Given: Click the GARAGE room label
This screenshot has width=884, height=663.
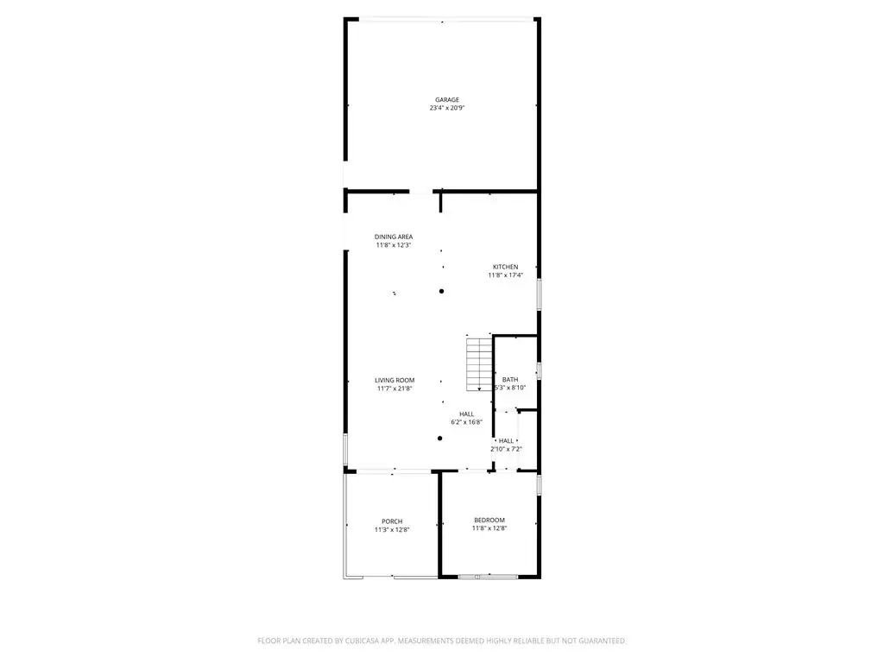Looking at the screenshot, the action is tap(447, 100).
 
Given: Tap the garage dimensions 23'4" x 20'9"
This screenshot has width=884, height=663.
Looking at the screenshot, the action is tap(447, 108).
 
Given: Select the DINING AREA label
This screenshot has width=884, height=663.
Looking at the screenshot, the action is tap(394, 237).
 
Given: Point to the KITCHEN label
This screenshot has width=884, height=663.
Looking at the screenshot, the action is tap(506, 267).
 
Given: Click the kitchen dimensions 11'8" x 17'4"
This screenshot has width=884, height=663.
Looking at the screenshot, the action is tap(506, 275).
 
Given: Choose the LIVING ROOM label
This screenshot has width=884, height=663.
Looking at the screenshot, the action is tap(395, 380).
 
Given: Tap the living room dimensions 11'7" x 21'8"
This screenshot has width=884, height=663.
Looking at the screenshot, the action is tap(395, 388).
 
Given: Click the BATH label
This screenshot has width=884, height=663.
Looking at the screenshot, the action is tap(510, 380).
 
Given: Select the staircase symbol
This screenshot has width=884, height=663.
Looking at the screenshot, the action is tap(479, 364).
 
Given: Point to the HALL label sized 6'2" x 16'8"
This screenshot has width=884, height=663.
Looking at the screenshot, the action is tap(466, 414).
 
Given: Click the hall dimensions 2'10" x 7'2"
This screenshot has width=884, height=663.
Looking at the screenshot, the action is tap(506, 449).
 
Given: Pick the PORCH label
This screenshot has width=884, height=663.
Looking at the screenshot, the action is tap(392, 521).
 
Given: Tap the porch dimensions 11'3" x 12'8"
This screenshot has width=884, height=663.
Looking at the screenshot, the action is tap(392, 530).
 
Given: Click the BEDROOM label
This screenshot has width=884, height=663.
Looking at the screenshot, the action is tap(489, 520).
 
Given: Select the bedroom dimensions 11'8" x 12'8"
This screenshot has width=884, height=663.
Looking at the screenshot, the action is tap(489, 528).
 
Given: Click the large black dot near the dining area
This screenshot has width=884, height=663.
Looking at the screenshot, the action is tap(441, 292).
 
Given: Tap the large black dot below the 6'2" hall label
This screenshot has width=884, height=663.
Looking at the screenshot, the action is tap(439, 438).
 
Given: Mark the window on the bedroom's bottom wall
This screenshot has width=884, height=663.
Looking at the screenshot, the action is tap(489, 577).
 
